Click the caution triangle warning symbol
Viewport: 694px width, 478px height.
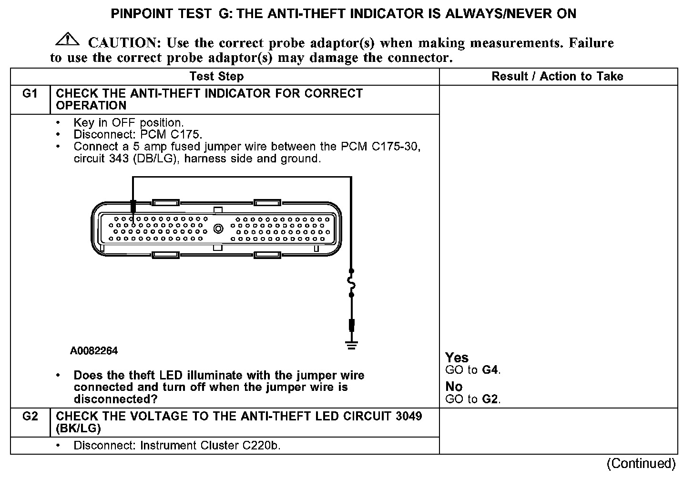(x=67, y=40)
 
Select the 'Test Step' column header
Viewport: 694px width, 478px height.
(x=216, y=76)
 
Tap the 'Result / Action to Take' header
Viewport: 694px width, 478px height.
(x=557, y=76)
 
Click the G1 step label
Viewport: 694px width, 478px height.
(x=30, y=94)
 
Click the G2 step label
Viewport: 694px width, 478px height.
(x=30, y=417)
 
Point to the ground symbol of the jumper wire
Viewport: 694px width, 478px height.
(x=352, y=345)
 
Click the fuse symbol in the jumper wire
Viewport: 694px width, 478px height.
(x=352, y=284)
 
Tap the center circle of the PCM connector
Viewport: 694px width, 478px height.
(x=218, y=229)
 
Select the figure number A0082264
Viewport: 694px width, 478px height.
(x=94, y=351)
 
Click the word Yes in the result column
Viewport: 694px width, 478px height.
(x=457, y=358)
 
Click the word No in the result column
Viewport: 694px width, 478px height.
(x=454, y=386)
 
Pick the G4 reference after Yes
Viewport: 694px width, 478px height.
(x=490, y=370)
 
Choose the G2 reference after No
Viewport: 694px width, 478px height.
(x=490, y=399)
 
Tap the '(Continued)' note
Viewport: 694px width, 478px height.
(x=641, y=463)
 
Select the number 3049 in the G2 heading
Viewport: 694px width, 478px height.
(x=408, y=416)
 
